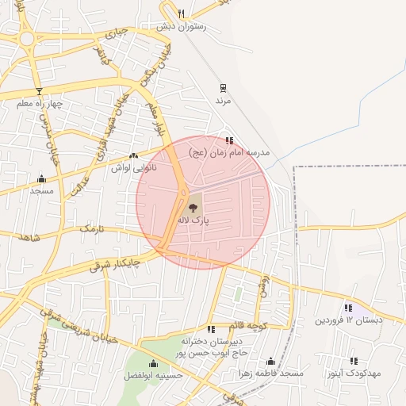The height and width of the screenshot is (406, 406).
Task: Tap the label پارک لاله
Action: click(194, 220)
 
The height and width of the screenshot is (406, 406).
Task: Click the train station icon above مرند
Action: click(224, 89)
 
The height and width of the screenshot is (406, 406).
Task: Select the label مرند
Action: click(223, 101)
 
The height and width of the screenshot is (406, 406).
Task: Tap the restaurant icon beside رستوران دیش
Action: click(181, 13)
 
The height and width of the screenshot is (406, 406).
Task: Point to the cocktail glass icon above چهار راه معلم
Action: click(38, 91)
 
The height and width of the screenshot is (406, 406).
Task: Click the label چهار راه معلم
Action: click(39, 104)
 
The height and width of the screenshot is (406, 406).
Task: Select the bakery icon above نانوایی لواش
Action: click(133, 155)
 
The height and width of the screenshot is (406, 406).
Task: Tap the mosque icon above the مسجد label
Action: click(41, 178)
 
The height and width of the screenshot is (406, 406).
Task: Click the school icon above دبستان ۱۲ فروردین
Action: click(348, 308)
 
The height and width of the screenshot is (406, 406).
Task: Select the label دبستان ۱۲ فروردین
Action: click(348, 320)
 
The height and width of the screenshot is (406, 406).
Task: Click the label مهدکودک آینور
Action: click(354, 372)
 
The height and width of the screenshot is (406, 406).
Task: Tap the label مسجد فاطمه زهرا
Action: click(270, 373)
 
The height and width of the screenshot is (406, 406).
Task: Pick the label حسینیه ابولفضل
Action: click(154, 375)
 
